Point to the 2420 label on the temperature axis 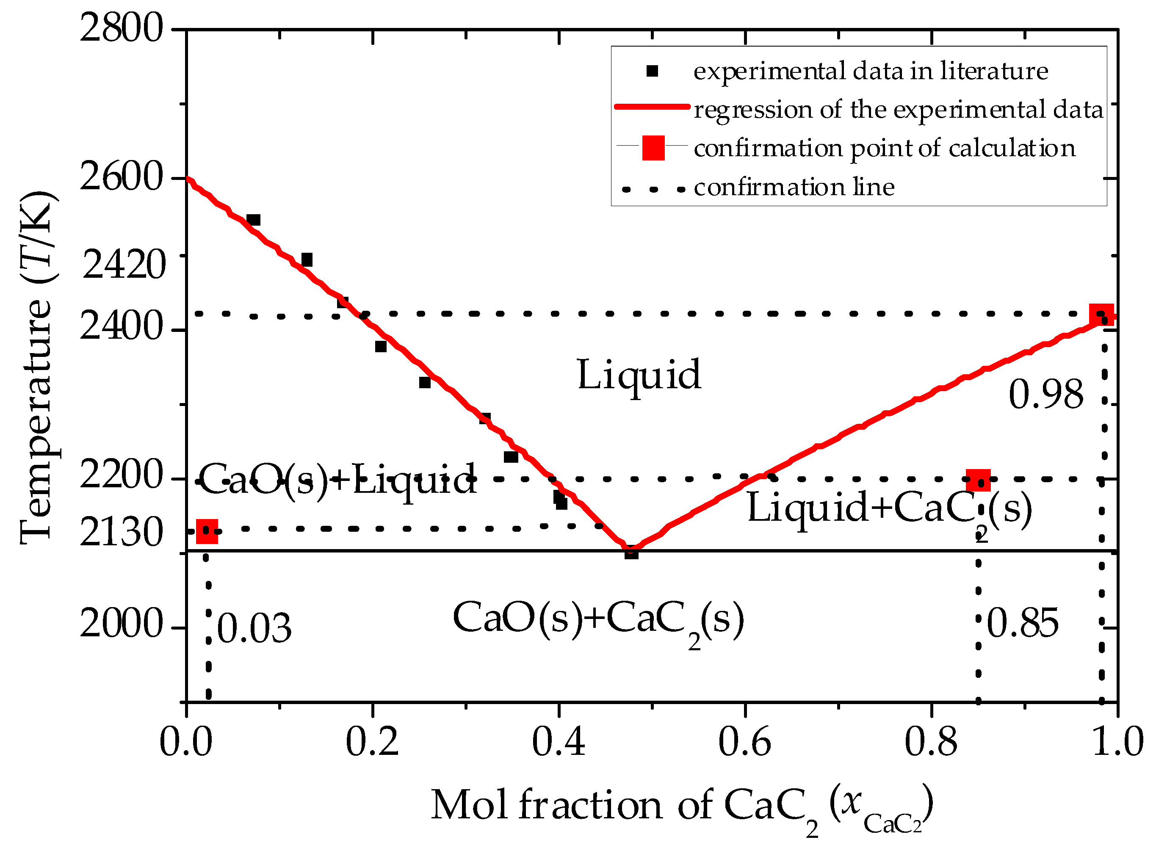pyautogui.click(x=124, y=265)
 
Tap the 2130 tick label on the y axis pyautogui.click(x=122, y=532)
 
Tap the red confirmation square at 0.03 pyautogui.click(x=207, y=531)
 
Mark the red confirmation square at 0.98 pyautogui.click(x=1102, y=315)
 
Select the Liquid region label pyautogui.click(x=639, y=375)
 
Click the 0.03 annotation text pyautogui.click(x=254, y=628)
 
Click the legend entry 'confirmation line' pyautogui.click(x=794, y=187)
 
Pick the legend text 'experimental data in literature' pyautogui.click(x=871, y=71)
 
